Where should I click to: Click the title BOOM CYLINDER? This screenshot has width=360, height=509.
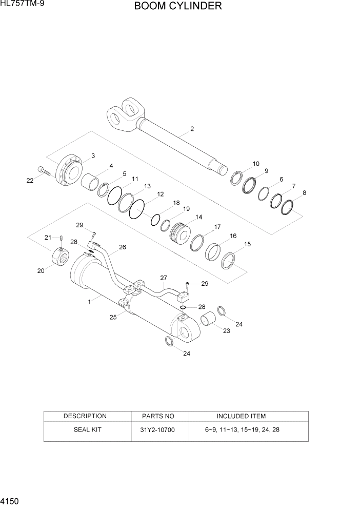(178, 7)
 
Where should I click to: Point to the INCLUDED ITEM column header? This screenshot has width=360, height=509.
(241, 416)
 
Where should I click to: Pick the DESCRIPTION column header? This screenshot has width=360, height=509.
(85, 416)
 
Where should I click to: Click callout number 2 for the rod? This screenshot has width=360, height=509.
(192, 129)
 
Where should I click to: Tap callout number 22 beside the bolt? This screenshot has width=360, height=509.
(30, 180)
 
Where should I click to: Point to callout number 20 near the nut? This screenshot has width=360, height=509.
(41, 271)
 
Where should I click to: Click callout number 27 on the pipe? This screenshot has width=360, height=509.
(164, 278)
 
